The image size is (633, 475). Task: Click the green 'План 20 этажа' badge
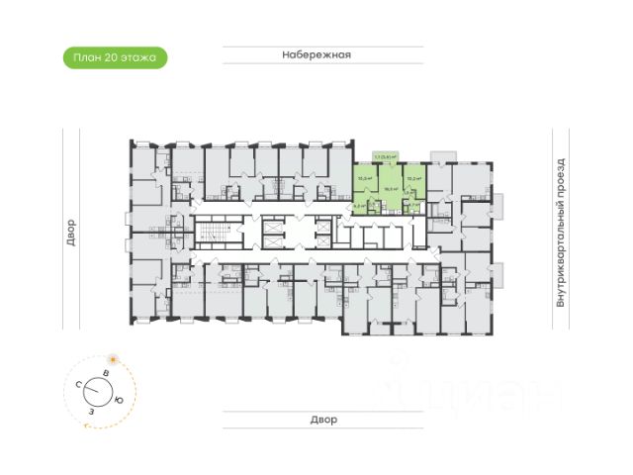(116, 57)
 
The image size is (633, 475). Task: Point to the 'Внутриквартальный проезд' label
(560, 232)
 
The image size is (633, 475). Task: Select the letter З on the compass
(91, 409)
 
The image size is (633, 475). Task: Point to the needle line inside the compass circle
(100, 389)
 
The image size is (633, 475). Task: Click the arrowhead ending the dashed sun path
(86, 426)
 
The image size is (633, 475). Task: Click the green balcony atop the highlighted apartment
(385, 156)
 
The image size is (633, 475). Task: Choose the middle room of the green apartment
(391, 188)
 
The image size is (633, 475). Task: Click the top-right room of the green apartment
(413, 179)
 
